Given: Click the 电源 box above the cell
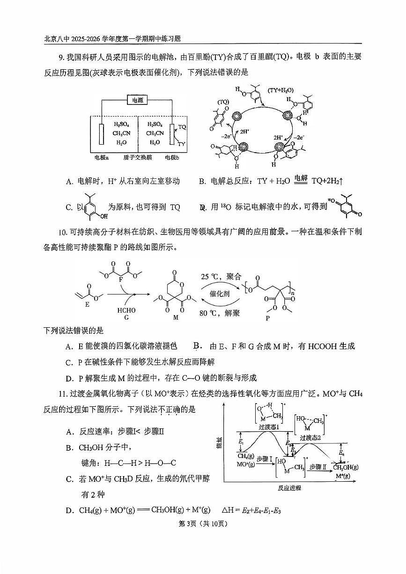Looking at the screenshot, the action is tap(137, 99).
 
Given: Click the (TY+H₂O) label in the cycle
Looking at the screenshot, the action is tap(280, 89).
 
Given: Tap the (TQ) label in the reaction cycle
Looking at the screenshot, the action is tap(223, 102).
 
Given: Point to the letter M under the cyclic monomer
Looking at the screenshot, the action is tap(176, 317).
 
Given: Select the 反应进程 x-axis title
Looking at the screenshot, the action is tap(289, 488).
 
